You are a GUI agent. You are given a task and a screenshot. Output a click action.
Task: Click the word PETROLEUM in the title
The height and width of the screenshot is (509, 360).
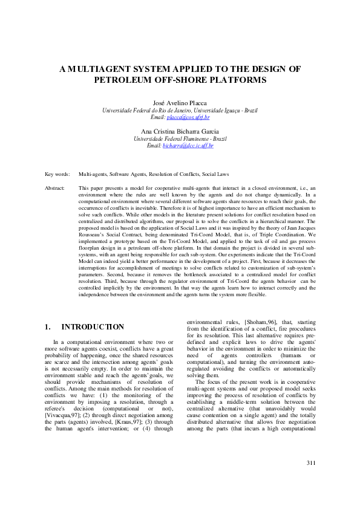[x=125, y=80]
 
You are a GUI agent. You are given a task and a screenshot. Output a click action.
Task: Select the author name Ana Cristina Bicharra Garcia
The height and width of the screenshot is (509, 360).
[x=180, y=132]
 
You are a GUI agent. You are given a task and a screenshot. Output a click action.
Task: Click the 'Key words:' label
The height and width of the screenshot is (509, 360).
[x=57, y=173]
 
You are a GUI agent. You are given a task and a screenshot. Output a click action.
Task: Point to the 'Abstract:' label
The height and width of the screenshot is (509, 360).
[x=56, y=189]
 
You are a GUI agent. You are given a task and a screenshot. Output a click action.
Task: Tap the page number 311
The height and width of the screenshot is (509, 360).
[x=311, y=480]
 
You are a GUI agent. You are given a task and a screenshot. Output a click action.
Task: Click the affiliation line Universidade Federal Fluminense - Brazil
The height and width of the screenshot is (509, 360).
[x=180, y=139]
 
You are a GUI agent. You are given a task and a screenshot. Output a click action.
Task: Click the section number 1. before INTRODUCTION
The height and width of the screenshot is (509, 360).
[x=48, y=327]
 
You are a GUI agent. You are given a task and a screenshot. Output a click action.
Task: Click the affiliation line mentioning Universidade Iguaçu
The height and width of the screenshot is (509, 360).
[x=180, y=111]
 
